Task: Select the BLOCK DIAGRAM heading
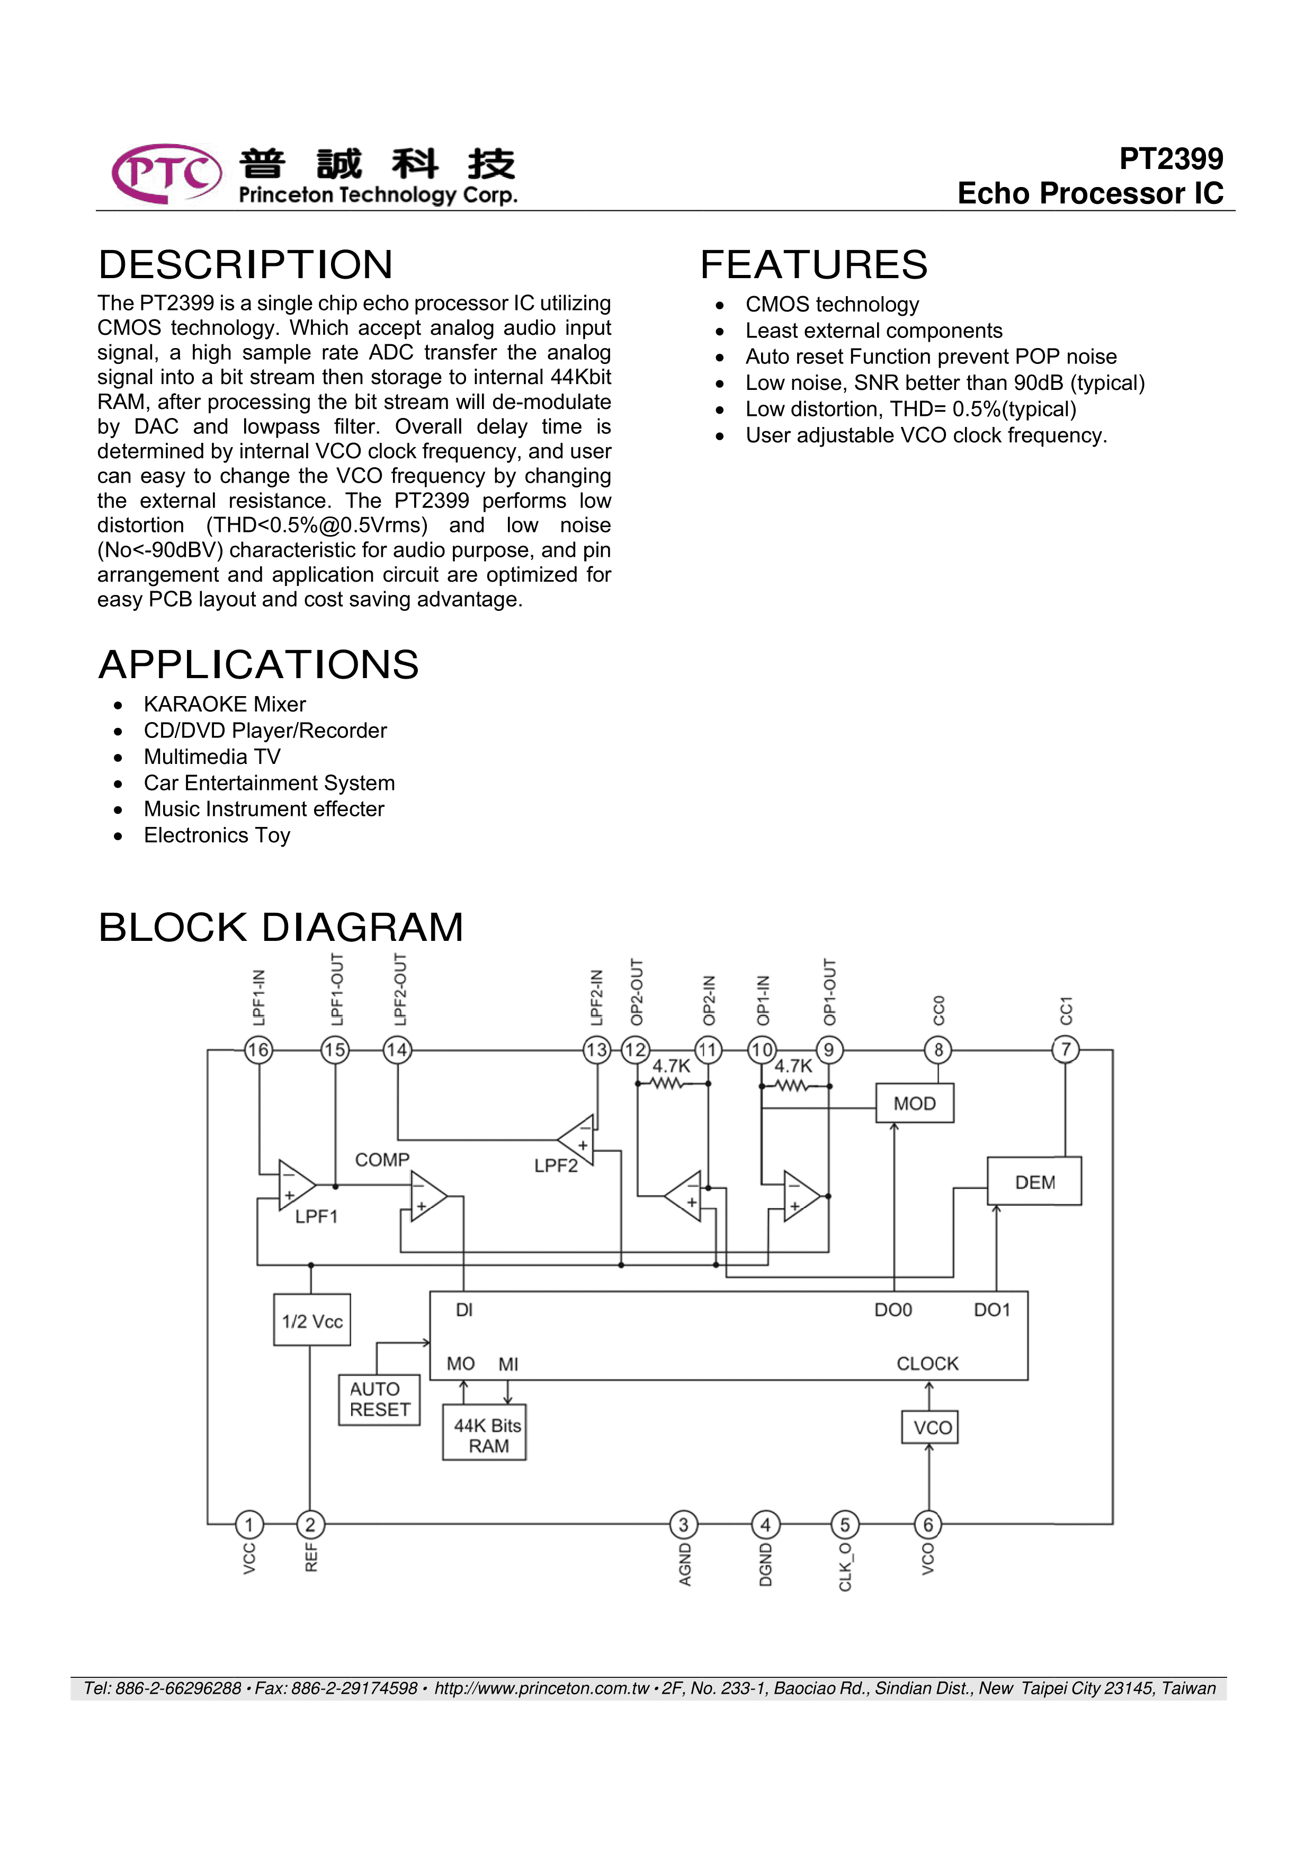(x=280, y=927)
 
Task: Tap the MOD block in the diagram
(x=914, y=1104)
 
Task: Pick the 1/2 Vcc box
(x=312, y=1321)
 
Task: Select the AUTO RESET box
(x=379, y=1399)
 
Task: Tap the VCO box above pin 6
(x=930, y=1427)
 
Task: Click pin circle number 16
(x=258, y=1050)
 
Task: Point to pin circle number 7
(x=1066, y=1050)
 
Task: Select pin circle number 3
(x=683, y=1525)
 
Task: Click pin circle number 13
(x=597, y=1050)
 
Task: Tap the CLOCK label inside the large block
(x=927, y=1364)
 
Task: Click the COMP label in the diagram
(x=382, y=1160)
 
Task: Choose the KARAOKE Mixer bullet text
(x=224, y=705)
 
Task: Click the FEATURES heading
(x=814, y=265)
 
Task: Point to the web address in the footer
(x=542, y=1688)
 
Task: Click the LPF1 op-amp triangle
(x=294, y=1185)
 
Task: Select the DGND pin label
(x=765, y=1564)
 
